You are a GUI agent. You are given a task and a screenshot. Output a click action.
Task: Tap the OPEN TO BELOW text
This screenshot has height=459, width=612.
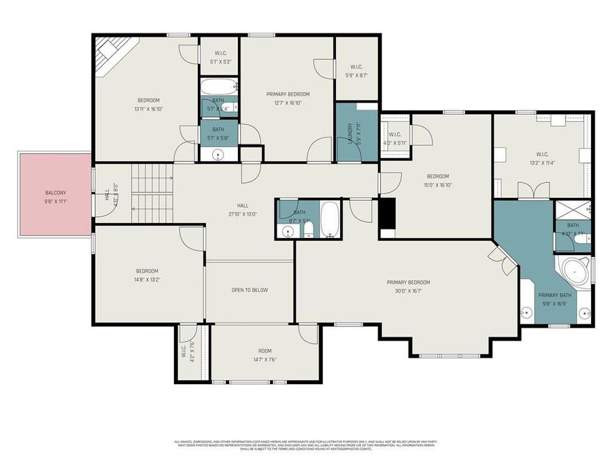(x=250, y=290)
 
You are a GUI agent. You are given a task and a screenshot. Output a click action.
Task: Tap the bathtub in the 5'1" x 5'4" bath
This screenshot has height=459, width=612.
(x=218, y=87)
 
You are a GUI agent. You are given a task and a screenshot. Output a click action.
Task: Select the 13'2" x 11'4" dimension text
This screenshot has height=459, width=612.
(x=541, y=163)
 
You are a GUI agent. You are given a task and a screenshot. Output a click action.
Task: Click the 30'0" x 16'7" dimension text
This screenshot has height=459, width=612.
(x=408, y=290)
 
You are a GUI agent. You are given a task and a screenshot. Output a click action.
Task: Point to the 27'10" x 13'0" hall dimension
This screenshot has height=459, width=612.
(x=242, y=214)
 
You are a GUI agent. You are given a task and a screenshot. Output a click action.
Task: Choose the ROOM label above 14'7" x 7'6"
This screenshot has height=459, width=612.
(x=265, y=351)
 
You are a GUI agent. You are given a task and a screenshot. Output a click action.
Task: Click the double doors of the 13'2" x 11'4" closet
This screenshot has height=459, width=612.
(x=534, y=190)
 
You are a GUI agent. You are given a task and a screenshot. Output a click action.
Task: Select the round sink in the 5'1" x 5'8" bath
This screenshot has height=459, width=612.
(x=218, y=154)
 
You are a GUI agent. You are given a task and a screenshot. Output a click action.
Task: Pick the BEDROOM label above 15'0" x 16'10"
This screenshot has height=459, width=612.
(x=437, y=175)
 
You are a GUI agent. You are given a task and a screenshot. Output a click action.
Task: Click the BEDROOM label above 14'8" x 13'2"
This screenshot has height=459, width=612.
(x=147, y=271)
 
